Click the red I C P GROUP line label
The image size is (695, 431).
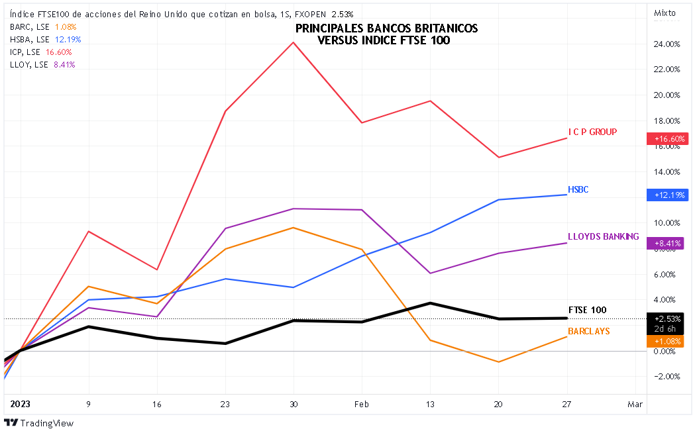click(592, 132)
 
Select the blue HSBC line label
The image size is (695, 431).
click(578, 190)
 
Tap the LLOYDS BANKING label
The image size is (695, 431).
click(603, 236)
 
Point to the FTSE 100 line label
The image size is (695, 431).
click(587, 309)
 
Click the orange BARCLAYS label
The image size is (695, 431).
click(588, 330)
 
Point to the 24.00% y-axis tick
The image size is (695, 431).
click(667, 44)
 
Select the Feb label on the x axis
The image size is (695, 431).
click(361, 403)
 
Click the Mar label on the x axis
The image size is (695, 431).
click(635, 403)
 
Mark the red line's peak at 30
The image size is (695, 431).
click(293, 42)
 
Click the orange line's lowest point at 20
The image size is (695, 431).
click(498, 362)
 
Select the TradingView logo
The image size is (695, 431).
click(39, 423)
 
